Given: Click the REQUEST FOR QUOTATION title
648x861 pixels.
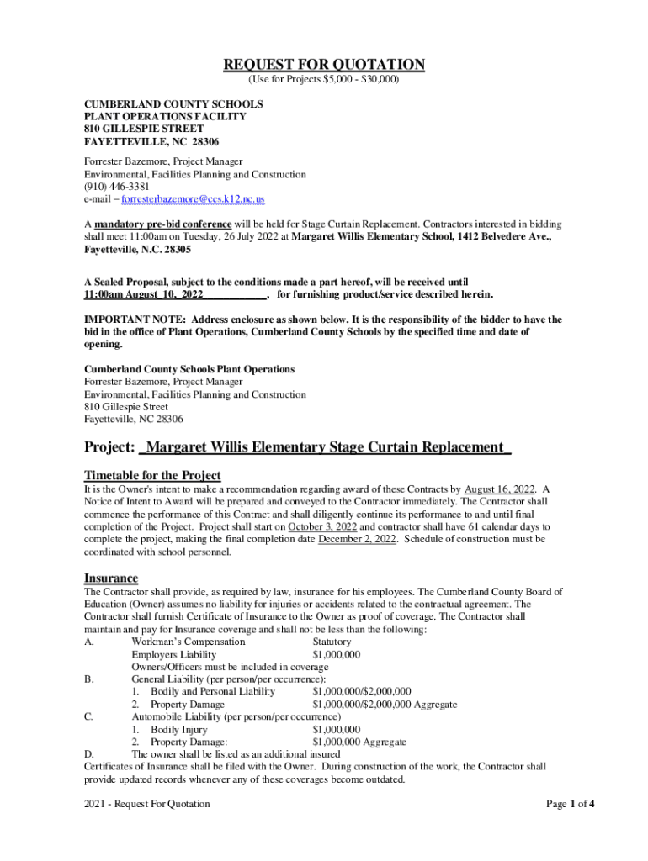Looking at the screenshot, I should [x=324, y=65].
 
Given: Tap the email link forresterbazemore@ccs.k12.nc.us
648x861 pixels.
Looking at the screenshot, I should [x=194, y=199].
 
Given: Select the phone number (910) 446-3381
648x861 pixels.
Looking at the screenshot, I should [x=116, y=187].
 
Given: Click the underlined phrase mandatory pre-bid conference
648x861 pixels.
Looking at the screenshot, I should [x=162, y=224].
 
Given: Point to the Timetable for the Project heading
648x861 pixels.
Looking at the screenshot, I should [x=152, y=475].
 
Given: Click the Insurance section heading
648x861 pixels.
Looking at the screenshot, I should [x=111, y=578].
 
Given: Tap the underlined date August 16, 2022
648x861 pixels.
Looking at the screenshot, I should [x=500, y=489].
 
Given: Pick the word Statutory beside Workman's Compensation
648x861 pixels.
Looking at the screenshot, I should [x=332, y=642].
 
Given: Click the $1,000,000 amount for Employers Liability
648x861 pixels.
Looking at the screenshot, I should [x=336, y=654].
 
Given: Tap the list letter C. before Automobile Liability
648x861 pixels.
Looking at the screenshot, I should [x=88, y=717].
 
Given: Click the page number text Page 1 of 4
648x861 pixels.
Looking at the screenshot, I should [x=571, y=804].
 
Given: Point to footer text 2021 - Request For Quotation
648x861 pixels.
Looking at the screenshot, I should [x=147, y=804].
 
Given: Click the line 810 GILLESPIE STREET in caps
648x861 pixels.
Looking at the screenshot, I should [x=143, y=129].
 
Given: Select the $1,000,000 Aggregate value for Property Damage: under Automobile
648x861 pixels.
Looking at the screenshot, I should [x=359, y=742].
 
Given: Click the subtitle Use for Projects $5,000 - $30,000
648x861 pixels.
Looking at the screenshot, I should [x=324, y=81].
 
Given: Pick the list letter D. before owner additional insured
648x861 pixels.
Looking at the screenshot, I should [x=88, y=755].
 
